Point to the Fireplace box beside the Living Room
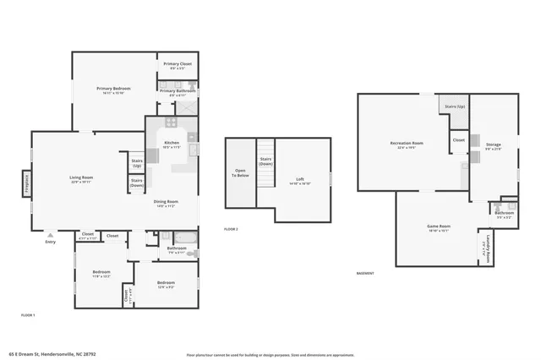pos(27,183)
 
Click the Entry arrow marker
pos(49,236)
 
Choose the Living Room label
pos(81,178)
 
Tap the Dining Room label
pos(166,202)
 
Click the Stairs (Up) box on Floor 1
pos(136,161)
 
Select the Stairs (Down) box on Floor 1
pos(136,182)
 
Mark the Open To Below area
pos(240,172)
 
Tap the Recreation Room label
pos(407,145)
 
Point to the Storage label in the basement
pos(495,147)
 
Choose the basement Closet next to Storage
pos(459,139)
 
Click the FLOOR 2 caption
pos(231,229)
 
